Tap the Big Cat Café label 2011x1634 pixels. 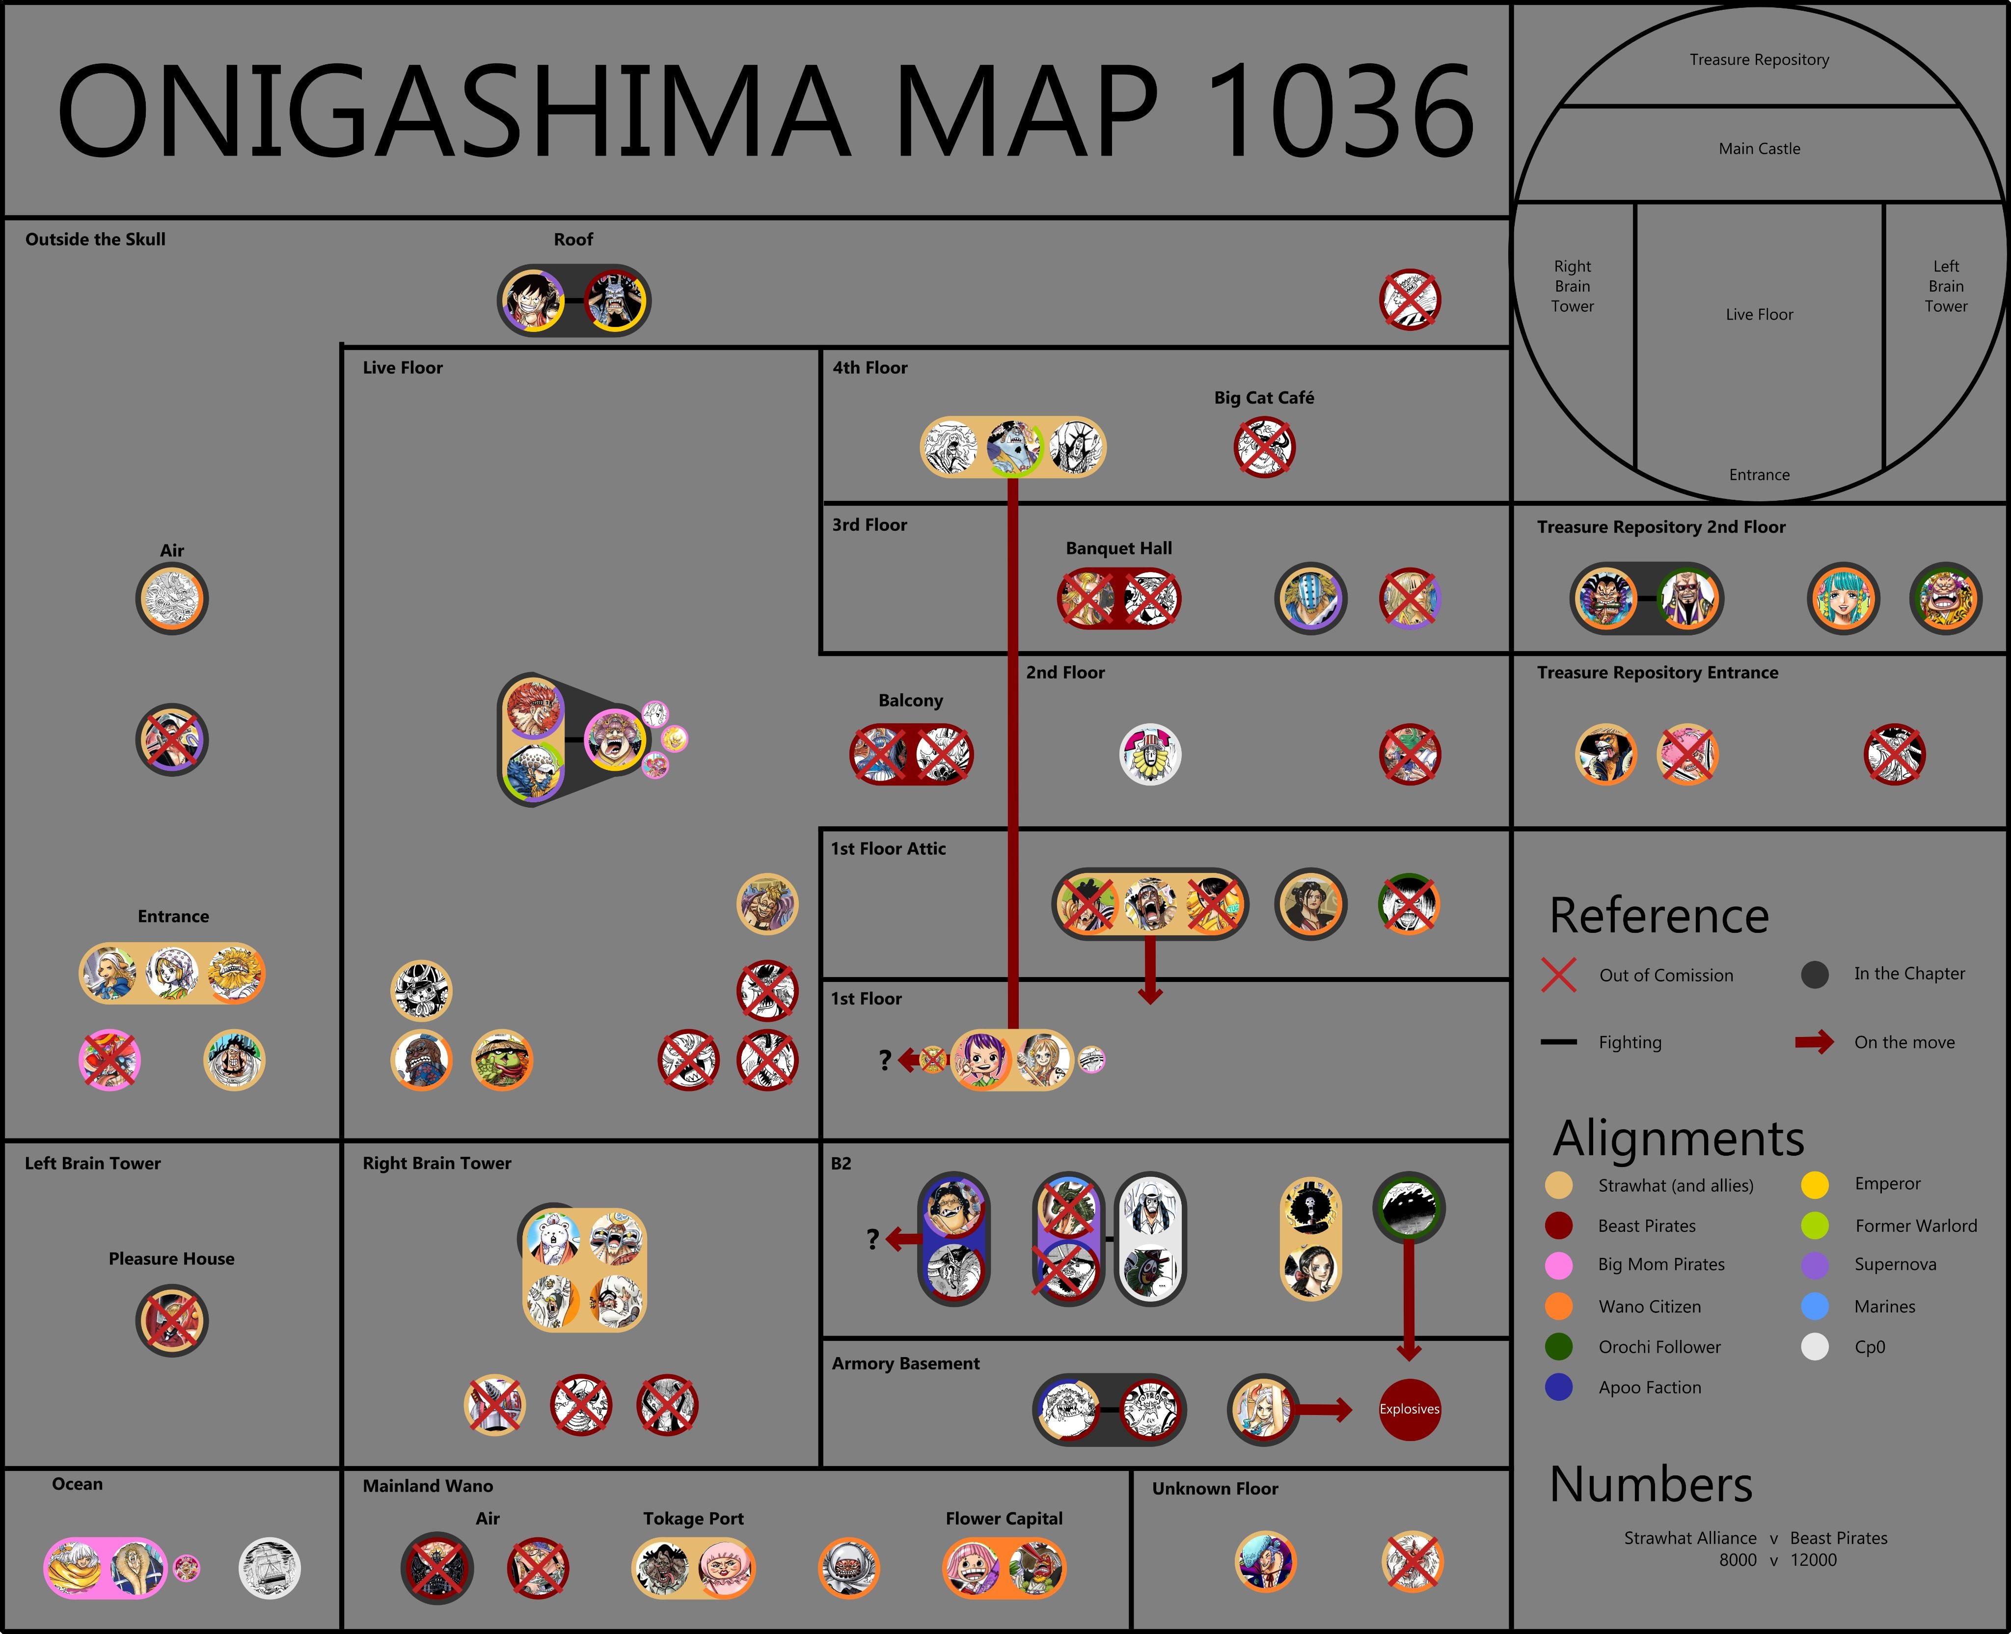click(1264, 397)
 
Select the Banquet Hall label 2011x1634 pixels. click(1119, 548)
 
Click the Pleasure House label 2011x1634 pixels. click(171, 1258)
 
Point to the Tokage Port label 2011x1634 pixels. click(694, 1518)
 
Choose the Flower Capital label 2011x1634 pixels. click(1004, 1518)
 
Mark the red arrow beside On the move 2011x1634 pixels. click(1814, 1042)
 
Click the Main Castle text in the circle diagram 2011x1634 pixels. click(1759, 149)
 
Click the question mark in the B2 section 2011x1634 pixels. click(872, 1239)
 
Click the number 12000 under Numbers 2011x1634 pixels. click(1813, 1560)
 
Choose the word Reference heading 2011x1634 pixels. click(1659, 916)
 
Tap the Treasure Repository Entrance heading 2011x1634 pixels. click(1657, 672)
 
